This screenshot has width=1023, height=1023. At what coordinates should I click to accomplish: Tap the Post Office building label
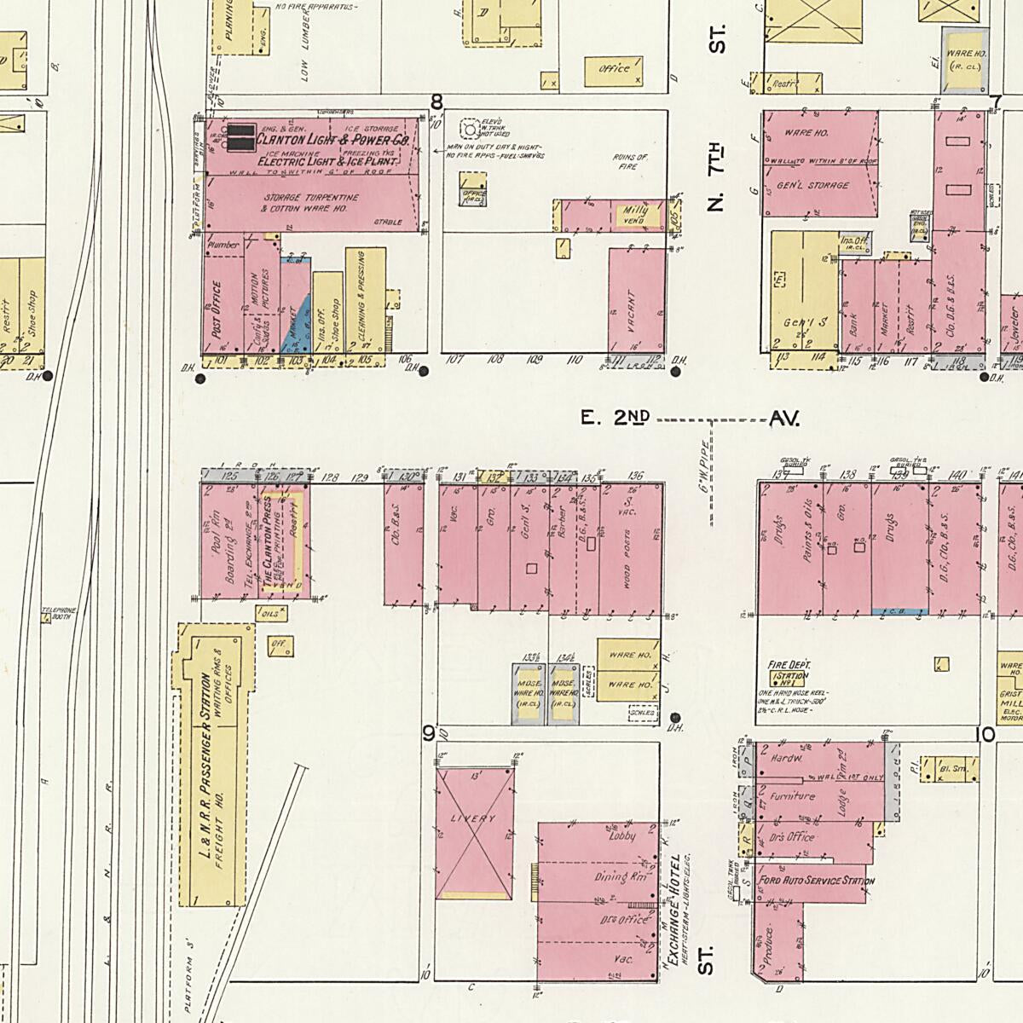pyautogui.click(x=216, y=309)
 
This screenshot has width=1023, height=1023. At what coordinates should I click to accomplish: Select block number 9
pyautogui.click(x=429, y=733)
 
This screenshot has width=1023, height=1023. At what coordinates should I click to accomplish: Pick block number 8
pyautogui.click(x=436, y=103)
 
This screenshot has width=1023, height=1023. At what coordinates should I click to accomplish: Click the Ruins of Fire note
pyautogui.click(x=631, y=162)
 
